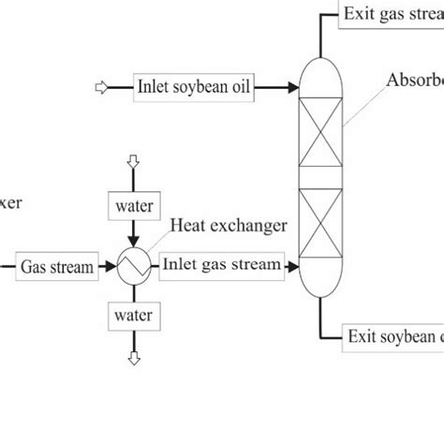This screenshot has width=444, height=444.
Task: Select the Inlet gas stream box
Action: pos(222,265)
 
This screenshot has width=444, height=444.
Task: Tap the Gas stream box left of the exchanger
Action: pos(57,267)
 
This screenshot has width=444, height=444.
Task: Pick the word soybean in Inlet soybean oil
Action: pos(188,89)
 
